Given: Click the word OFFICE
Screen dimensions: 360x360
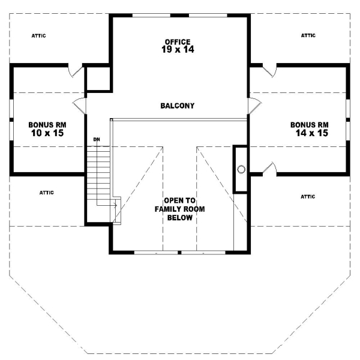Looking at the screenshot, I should coord(178,41).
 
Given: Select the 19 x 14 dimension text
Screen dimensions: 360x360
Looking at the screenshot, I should coord(178,50).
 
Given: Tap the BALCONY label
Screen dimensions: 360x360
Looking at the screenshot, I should coord(177,106).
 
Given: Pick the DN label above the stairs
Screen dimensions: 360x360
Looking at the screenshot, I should coord(96,140).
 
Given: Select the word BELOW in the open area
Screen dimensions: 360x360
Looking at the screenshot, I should coord(178,218).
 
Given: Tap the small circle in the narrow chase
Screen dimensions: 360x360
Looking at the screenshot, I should coord(241,169).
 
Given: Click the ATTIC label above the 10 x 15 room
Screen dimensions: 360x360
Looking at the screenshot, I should coord(38,36).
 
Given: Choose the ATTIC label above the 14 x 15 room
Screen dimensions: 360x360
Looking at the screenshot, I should coord(308,36).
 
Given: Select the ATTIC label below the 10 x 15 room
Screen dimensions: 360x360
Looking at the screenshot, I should coord(47,193).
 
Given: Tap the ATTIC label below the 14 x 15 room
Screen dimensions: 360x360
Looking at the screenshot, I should coord(308,196).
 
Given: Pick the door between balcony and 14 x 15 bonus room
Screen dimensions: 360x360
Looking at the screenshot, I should coord(254,107).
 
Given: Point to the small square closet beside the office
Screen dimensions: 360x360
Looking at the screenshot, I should coord(98,79).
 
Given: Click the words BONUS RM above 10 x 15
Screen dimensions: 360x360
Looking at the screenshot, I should coord(47,125).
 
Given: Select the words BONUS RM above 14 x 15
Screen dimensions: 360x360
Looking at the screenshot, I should coord(309,125).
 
